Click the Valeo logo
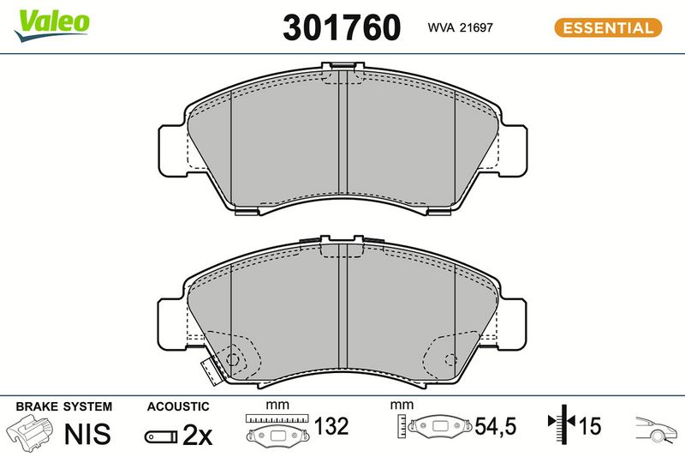pos(51,26)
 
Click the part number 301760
pos(342,27)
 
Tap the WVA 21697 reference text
pos(460,27)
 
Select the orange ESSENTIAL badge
pos(608,27)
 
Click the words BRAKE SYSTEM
pos(63,406)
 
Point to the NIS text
pos(87,434)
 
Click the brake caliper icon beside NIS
pos(31,433)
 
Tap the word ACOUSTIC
pos(178,406)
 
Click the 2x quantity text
pos(198,434)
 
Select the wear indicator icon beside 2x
pos(161,436)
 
